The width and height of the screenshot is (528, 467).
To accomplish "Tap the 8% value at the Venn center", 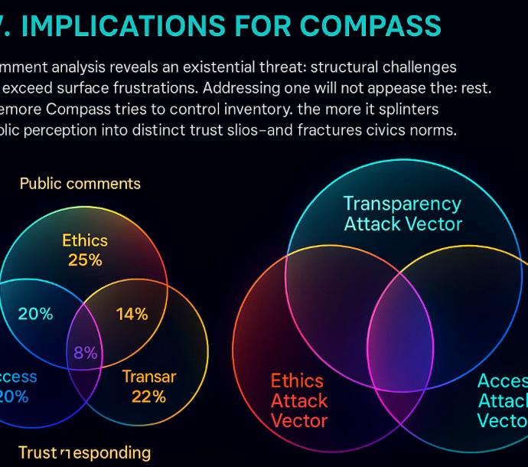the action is pyautogui.click(x=85, y=353).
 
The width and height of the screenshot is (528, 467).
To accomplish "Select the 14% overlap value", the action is pyautogui.click(x=132, y=314).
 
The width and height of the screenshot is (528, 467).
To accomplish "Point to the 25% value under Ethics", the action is pyautogui.click(x=85, y=260).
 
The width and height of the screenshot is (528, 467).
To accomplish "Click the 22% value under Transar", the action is pyautogui.click(x=148, y=396).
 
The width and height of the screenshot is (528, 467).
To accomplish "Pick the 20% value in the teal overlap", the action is pyautogui.click(x=36, y=314).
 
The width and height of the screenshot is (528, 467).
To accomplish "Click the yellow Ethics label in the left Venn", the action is pyautogui.click(x=85, y=240).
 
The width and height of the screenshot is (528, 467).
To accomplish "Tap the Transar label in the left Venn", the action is pyautogui.click(x=149, y=376).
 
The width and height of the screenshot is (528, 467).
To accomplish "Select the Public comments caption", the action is pyautogui.click(x=80, y=184).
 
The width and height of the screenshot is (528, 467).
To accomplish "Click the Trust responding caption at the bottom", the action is pyautogui.click(x=84, y=452).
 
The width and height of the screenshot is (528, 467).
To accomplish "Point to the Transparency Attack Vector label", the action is pyautogui.click(x=403, y=214).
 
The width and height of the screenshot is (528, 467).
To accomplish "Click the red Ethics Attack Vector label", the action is pyautogui.click(x=299, y=400).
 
